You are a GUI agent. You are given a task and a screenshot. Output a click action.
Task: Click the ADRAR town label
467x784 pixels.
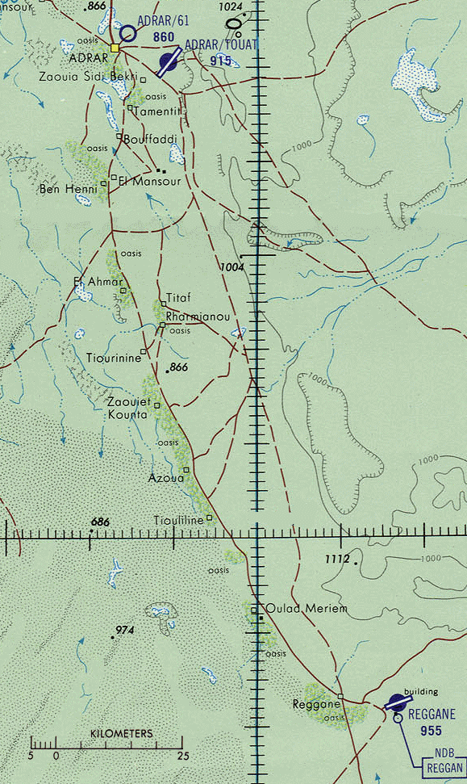pos(89,60)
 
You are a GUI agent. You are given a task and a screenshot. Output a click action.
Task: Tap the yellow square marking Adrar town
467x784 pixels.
pos(115,48)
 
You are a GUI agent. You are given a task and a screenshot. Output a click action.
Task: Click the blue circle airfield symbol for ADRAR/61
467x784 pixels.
pos(127,33)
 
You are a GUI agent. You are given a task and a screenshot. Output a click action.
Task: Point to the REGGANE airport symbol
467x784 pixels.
pos(396,702)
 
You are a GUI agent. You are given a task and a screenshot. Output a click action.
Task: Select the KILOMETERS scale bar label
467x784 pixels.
pos(121,733)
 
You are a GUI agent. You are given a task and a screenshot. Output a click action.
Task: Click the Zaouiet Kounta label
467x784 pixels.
pos(127,409)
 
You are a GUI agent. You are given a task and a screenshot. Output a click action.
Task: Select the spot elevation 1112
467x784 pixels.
pos(336,559)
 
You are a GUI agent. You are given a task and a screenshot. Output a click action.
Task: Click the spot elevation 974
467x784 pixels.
pos(125,630)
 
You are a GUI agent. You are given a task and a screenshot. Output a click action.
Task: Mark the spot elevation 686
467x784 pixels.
pos(99,523)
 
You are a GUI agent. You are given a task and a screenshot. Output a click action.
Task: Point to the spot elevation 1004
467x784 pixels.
pos(231,266)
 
